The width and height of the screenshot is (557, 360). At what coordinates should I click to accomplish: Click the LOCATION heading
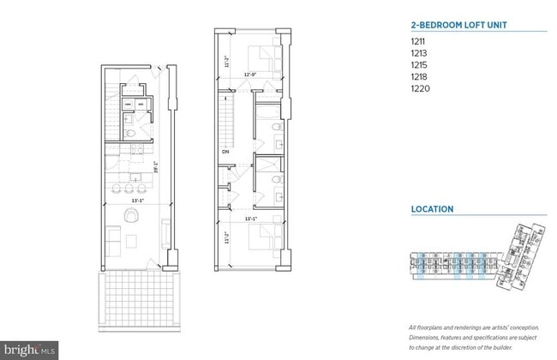432,209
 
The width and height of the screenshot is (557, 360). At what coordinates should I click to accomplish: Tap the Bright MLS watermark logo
30,350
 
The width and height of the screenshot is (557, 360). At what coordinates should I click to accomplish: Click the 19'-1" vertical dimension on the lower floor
155,168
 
